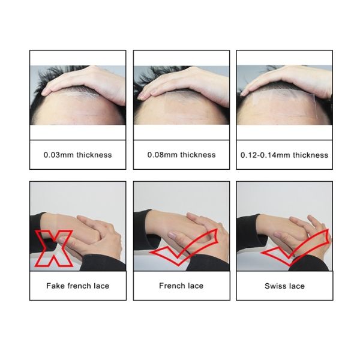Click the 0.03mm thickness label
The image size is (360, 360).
click(x=77, y=155)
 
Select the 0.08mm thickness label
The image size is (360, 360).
click(x=181, y=155)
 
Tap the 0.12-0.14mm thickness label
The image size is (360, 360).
click(x=283, y=155)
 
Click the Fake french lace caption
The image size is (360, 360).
click(x=77, y=286)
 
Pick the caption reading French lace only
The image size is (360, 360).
click(x=181, y=286)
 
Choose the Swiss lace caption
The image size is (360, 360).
click(x=284, y=286)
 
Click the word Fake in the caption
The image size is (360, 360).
click(x=55, y=286)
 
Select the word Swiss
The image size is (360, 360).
click(x=275, y=286)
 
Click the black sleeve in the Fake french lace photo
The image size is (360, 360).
click(x=42, y=225)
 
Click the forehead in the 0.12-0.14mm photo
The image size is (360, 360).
click(x=270, y=111)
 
